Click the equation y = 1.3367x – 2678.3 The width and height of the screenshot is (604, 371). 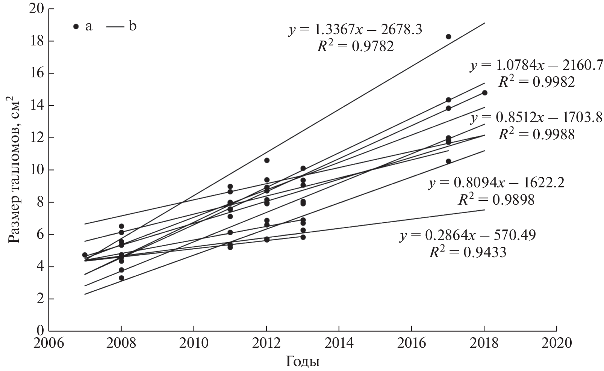point(355,29)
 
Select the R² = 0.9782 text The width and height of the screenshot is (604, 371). point(355,46)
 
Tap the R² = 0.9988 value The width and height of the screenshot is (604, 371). point(536,134)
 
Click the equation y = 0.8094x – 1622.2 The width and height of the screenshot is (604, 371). point(496,183)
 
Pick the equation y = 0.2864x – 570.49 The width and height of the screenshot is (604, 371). point(468,235)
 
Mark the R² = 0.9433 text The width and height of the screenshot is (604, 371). point(468,252)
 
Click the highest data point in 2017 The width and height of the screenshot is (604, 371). point(448,36)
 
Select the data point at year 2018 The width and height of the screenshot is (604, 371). point(484,93)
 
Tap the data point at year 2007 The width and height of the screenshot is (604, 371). point(85,255)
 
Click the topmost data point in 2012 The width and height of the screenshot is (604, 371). point(266,160)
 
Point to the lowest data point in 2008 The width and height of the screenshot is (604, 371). point(121,278)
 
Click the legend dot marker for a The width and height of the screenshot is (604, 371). point(76,26)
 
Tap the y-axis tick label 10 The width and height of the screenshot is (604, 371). point(36,170)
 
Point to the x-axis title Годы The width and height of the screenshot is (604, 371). point(303,362)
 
